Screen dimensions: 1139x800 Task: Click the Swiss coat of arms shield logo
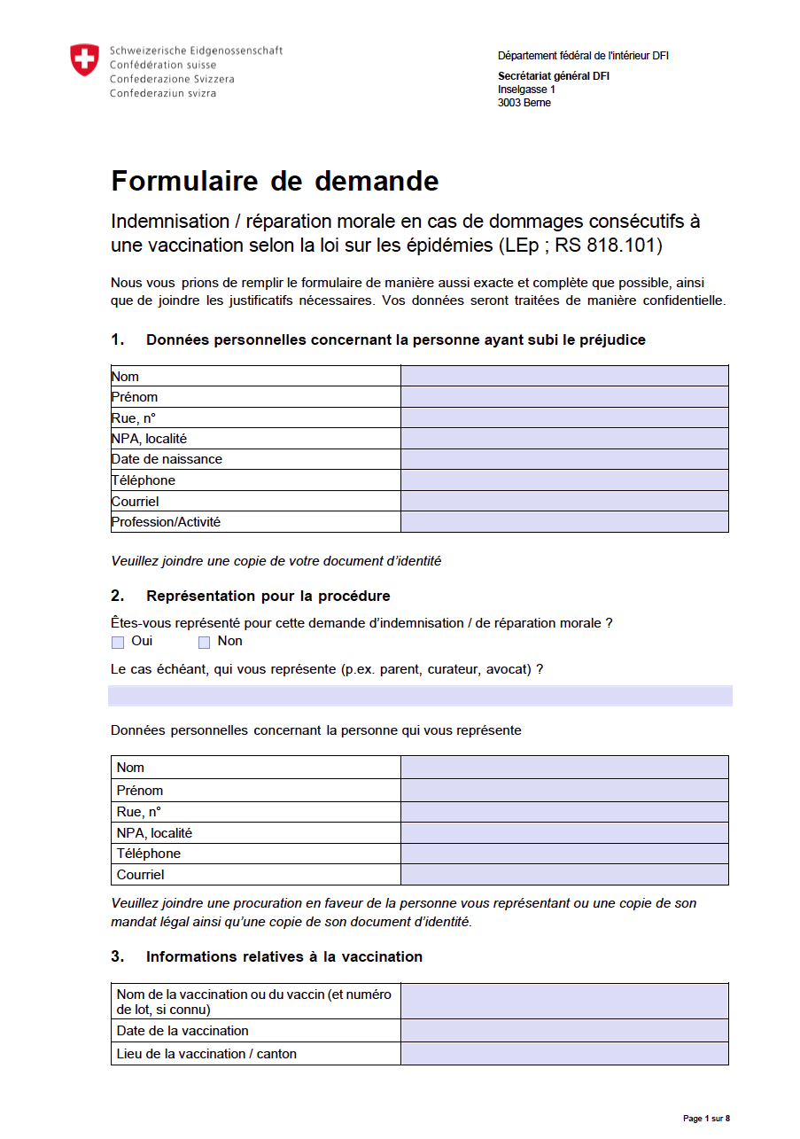pos(84,60)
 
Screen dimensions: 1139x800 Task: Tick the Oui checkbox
pos(118,643)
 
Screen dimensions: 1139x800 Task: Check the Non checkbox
pos(204,643)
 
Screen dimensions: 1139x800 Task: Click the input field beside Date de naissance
pos(564,459)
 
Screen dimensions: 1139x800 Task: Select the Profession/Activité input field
pos(564,522)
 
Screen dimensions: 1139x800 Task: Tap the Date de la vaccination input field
pos(564,1031)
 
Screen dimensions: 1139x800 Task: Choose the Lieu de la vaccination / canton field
pos(564,1054)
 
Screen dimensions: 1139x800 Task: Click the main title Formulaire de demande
pos(275,181)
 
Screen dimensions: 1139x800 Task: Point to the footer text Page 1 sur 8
pos(706,1119)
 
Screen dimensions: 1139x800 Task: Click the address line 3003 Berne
pos(524,103)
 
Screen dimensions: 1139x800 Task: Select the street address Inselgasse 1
pos(526,90)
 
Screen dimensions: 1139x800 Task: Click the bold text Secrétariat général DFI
pos(553,76)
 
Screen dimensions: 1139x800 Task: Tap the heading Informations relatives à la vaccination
pos(283,957)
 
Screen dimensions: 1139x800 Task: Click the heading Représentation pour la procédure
pos(268,596)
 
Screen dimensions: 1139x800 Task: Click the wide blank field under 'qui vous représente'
pos(420,696)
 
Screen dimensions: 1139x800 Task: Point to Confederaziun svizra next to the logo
pos(162,94)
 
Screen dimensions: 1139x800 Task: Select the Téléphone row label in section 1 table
pos(144,480)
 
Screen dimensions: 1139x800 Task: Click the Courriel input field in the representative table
pos(564,875)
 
